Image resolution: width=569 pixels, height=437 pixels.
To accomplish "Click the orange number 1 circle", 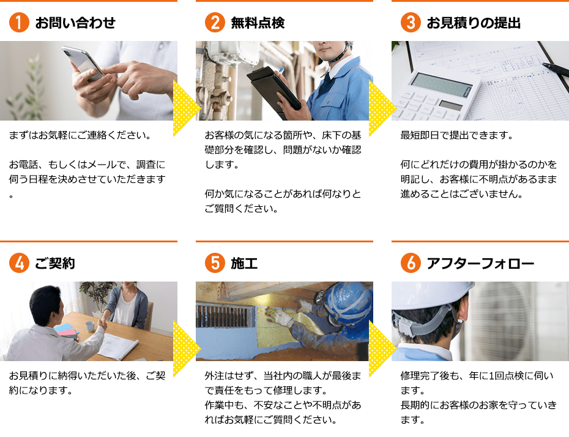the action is pyautogui.click(x=19, y=22).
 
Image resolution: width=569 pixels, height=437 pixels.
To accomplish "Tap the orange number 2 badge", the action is pyautogui.click(x=215, y=22).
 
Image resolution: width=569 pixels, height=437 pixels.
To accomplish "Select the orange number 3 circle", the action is pyautogui.click(x=411, y=22).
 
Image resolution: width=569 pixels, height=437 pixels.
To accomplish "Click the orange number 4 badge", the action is pyautogui.click(x=19, y=263).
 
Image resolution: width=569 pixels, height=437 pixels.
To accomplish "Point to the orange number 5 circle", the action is pyautogui.click(x=215, y=263).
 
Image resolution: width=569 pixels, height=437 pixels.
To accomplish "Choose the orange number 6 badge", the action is pyautogui.click(x=411, y=263).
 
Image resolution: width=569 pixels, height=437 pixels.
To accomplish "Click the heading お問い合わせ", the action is pyautogui.click(x=75, y=23).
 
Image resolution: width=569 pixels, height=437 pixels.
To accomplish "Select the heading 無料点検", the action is pyautogui.click(x=258, y=23).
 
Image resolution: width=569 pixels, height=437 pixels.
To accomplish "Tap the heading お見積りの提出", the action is pyautogui.click(x=474, y=23).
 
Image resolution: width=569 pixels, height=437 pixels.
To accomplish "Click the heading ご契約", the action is pyautogui.click(x=55, y=263).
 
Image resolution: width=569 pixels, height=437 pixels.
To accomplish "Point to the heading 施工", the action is pyautogui.click(x=244, y=263).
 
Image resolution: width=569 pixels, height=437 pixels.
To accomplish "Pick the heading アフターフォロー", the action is pyautogui.click(x=480, y=263).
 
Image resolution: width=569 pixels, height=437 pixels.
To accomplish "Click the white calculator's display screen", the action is pyautogui.click(x=442, y=85).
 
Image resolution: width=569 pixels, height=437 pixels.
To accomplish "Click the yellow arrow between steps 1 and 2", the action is pyautogui.click(x=187, y=108).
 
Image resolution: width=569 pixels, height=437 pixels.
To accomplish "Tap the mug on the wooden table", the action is pyautogui.click(x=89, y=326).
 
